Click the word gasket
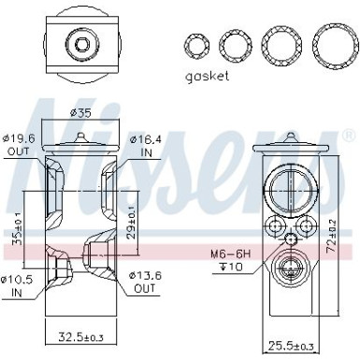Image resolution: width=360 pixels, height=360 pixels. tap(207, 76)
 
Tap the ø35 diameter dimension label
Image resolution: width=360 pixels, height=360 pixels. tap(82, 113)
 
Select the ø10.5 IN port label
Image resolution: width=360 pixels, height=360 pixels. tap(19, 284)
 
